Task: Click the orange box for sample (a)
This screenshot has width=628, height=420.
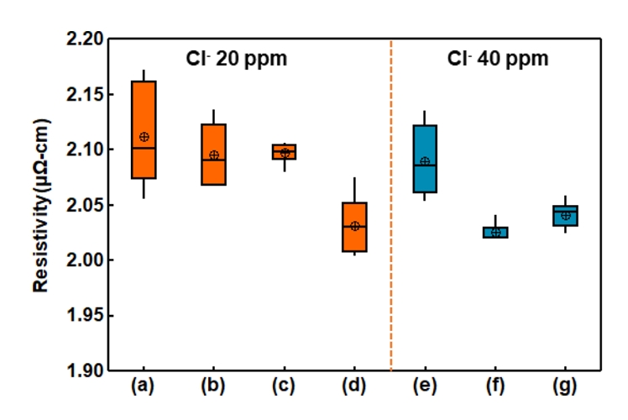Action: (144, 129)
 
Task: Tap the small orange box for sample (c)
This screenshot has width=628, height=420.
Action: (285, 151)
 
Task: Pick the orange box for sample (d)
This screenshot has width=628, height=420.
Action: (354, 227)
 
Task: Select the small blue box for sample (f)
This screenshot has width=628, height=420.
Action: (495, 232)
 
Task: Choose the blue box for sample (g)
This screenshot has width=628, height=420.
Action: (565, 216)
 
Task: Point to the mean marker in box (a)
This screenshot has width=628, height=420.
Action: (144, 136)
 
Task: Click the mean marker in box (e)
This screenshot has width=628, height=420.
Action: (425, 161)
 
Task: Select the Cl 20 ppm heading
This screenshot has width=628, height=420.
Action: (236, 60)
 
